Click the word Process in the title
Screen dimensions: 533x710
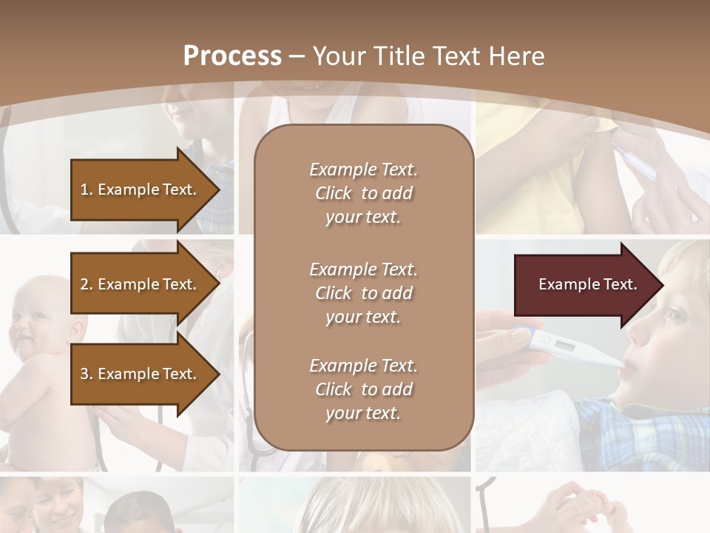pyautogui.click(x=232, y=56)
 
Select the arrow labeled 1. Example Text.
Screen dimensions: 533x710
pyautogui.click(x=141, y=190)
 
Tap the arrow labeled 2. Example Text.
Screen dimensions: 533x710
pyautogui.click(x=141, y=284)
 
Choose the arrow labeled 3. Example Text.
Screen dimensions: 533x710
pyautogui.click(x=141, y=374)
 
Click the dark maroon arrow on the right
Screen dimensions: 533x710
pyautogui.click(x=584, y=285)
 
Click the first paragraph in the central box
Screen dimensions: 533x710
pyautogui.click(x=363, y=193)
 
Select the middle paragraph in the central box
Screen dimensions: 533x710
pyautogui.click(x=363, y=293)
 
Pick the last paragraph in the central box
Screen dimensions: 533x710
pyautogui.click(x=363, y=389)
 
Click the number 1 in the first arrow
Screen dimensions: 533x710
pyautogui.click(x=84, y=190)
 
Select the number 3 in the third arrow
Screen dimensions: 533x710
pyautogui.click(x=84, y=374)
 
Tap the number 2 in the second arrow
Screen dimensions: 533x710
pyautogui.click(x=84, y=284)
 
